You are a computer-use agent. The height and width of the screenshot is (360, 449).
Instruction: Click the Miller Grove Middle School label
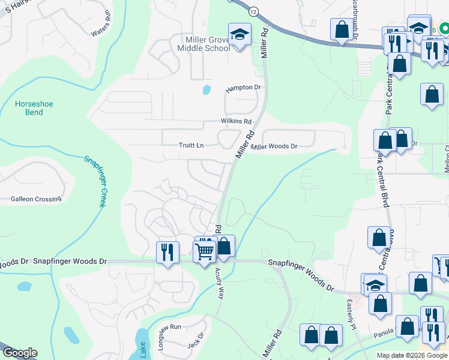click(199, 43)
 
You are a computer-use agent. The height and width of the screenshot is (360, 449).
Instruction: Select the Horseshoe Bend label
click(34, 108)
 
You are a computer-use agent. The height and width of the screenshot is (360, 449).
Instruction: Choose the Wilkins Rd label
click(236, 121)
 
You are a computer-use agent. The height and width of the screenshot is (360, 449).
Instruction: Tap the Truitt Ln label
click(191, 145)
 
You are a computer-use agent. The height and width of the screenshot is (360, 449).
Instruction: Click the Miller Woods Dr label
click(274, 146)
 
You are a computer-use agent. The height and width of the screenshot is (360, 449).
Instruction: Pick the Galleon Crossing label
click(36, 199)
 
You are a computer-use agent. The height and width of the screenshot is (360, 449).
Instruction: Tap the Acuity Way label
click(220, 284)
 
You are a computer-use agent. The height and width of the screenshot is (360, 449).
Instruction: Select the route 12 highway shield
click(254, 12)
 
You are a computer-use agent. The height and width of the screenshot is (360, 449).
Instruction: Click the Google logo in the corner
click(20, 353)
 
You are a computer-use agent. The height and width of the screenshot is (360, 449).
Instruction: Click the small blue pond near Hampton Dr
click(207, 91)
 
